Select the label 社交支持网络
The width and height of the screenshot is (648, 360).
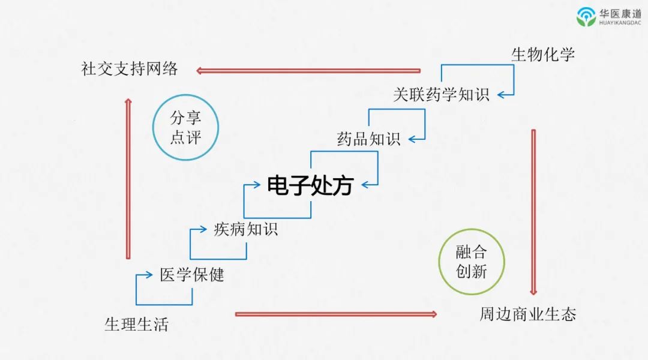(x=130, y=68)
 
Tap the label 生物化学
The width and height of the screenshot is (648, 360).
(x=542, y=55)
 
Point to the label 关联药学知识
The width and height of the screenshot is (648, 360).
(x=441, y=94)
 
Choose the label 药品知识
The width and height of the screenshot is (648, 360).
(x=368, y=139)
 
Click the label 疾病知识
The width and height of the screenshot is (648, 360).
(x=246, y=229)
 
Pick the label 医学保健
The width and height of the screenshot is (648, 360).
(x=192, y=275)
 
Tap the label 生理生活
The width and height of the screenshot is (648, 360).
(x=136, y=325)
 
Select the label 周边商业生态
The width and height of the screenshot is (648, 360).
(x=527, y=314)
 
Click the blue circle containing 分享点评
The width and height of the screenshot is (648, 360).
(x=185, y=127)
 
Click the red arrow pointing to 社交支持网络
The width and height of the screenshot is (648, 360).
(x=308, y=70)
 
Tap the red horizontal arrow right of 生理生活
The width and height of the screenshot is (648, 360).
(x=336, y=314)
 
